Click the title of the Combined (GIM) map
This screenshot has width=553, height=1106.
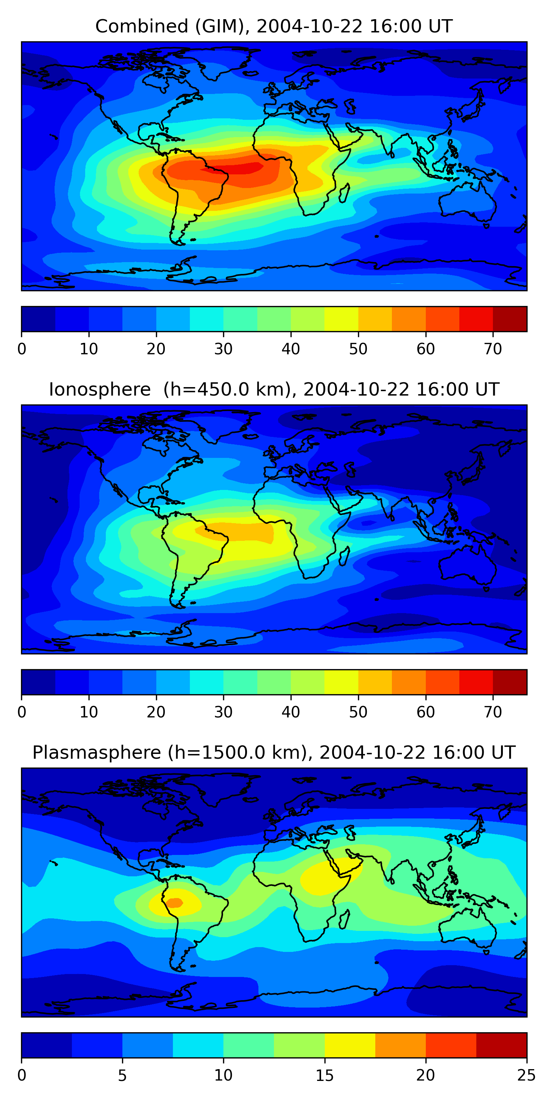(274, 26)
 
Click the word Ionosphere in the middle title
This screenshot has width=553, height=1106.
(100, 389)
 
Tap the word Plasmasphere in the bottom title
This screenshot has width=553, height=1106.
(97, 753)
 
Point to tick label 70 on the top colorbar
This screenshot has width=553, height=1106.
(493, 349)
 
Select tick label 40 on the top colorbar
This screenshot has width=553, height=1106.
(291, 349)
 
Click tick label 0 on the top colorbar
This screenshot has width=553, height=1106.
(22, 349)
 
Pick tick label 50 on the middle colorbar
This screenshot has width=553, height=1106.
(358, 712)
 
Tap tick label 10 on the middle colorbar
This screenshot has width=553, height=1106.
(89, 712)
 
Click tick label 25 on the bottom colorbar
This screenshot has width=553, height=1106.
(526, 1075)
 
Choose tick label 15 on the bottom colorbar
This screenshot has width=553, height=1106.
(324, 1075)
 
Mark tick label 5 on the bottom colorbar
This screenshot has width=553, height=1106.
(122, 1075)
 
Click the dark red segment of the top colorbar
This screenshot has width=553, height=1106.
(509, 319)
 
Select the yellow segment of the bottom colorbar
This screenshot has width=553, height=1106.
(350, 1046)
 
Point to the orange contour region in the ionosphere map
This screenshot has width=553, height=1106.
(249, 532)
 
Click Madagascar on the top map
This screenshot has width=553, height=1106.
(344, 193)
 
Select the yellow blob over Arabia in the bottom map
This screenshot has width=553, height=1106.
(326, 876)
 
